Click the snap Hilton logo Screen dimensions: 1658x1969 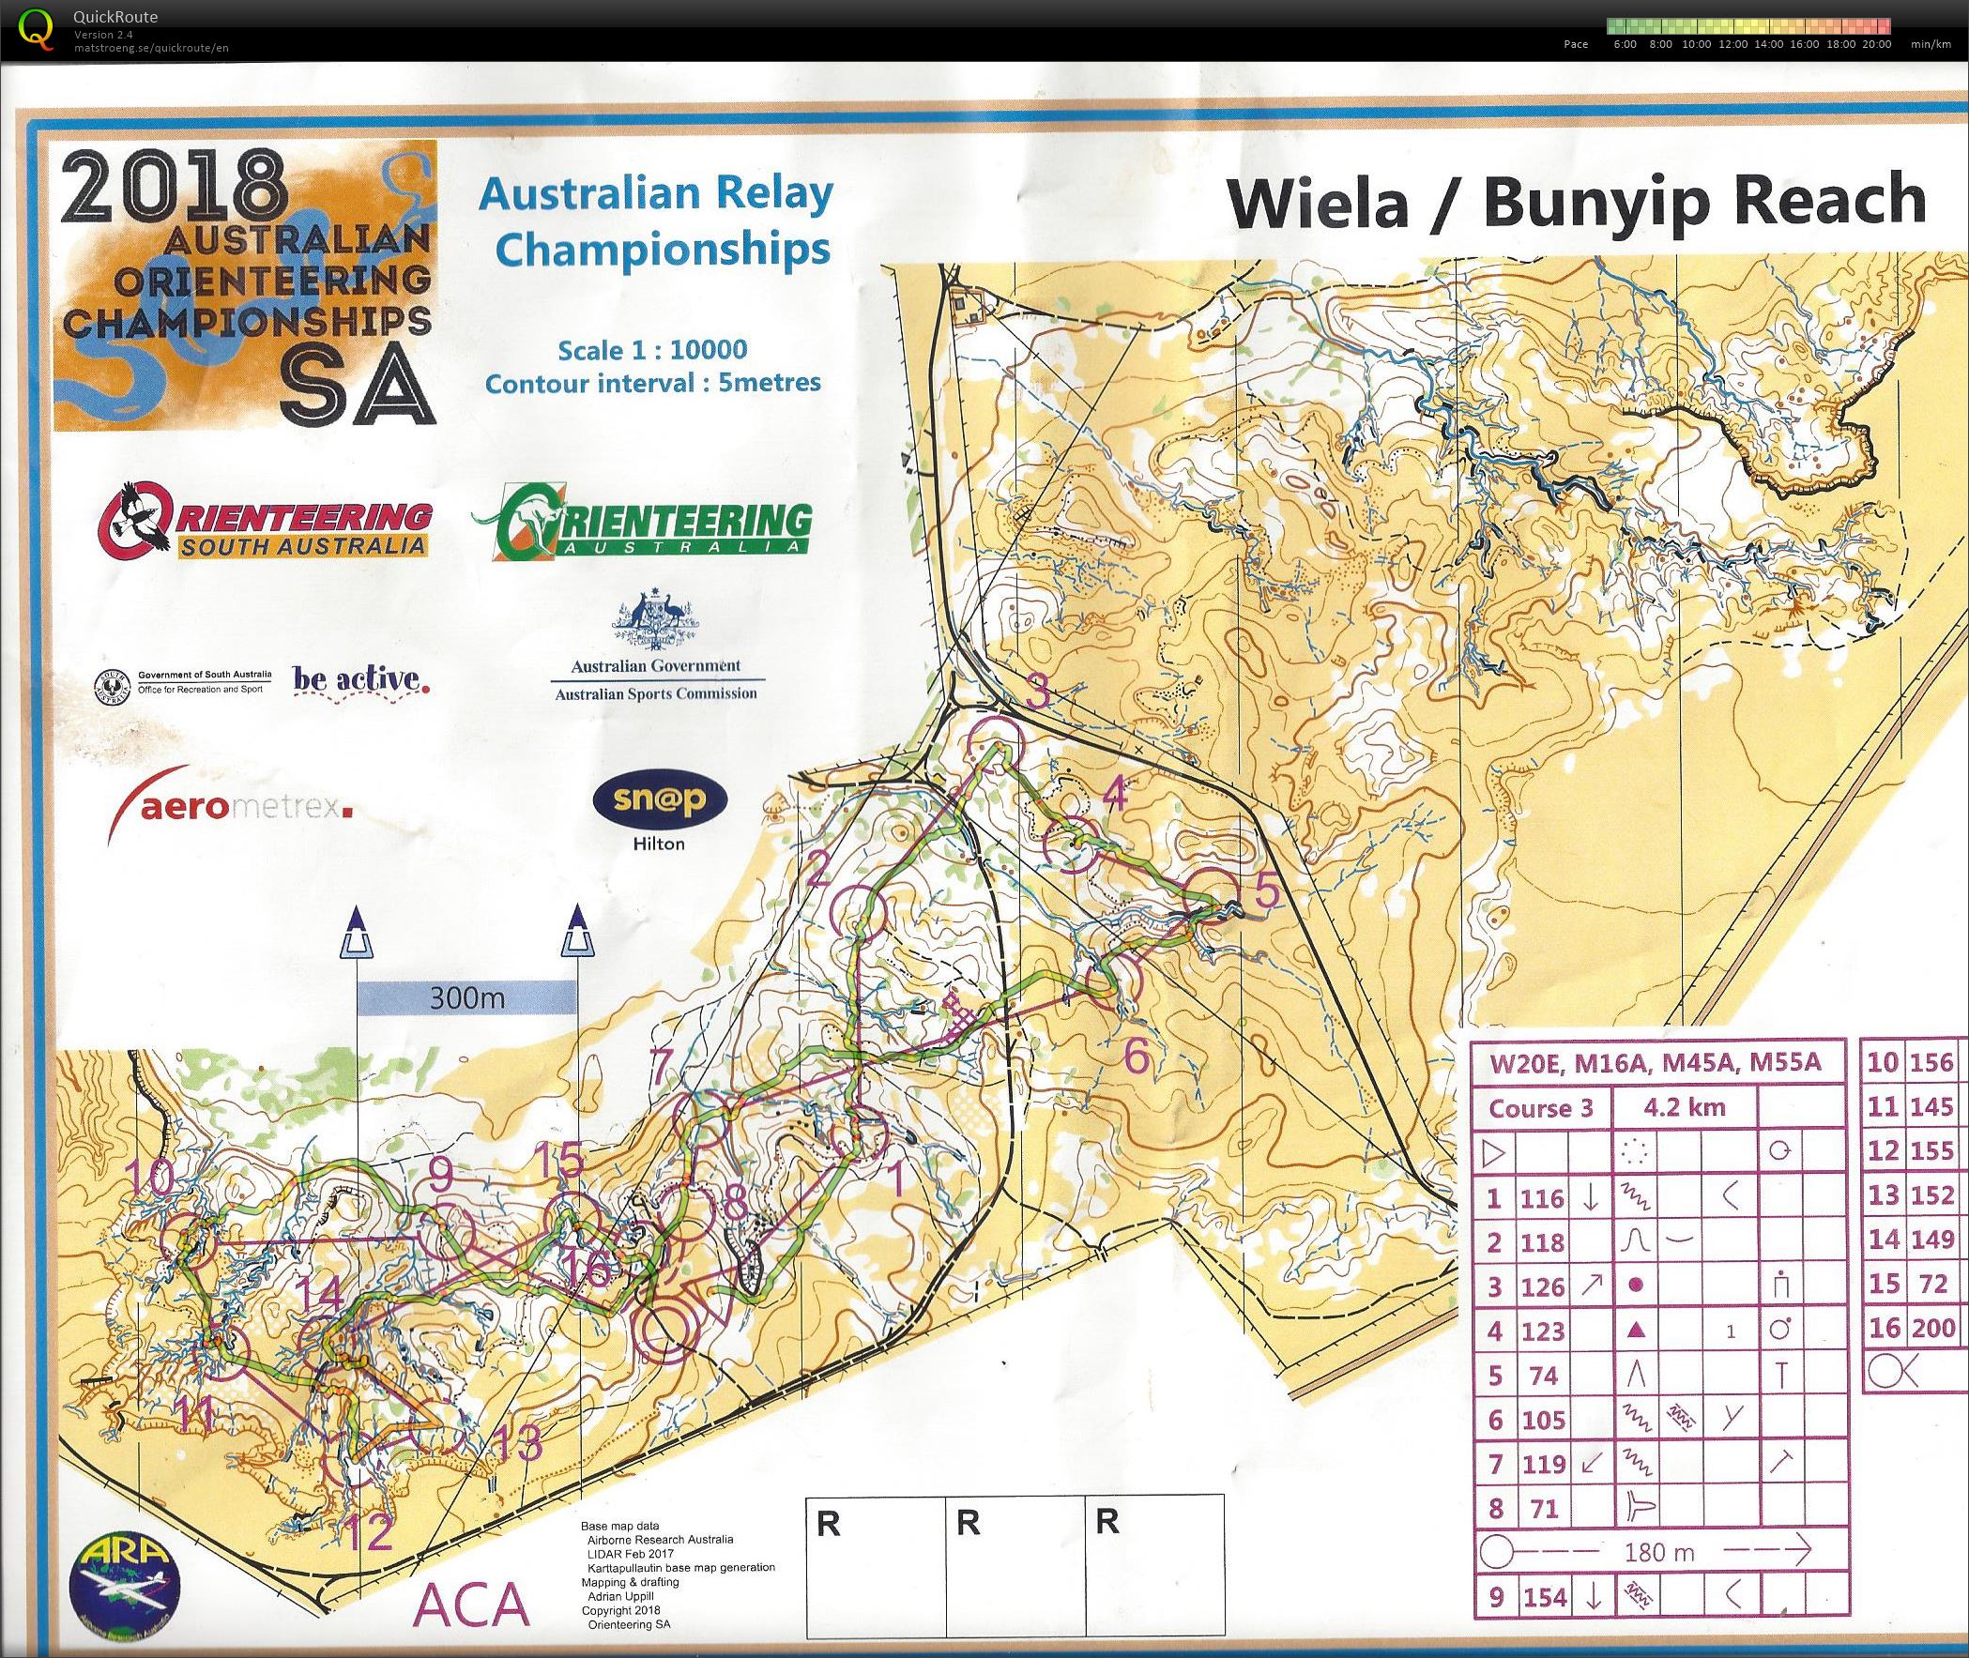(x=660, y=800)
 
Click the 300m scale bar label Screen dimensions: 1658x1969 (x=466, y=998)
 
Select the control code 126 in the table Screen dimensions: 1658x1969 (x=1542, y=1286)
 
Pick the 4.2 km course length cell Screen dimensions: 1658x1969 (x=1684, y=1107)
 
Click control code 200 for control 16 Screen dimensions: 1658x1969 (x=1931, y=1328)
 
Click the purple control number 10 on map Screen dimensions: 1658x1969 (x=151, y=1176)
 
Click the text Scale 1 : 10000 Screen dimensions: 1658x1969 (x=652, y=351)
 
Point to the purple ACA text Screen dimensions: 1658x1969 (x=473, y=1605)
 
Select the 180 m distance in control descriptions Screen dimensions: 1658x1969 (x=1658, y=1553)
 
